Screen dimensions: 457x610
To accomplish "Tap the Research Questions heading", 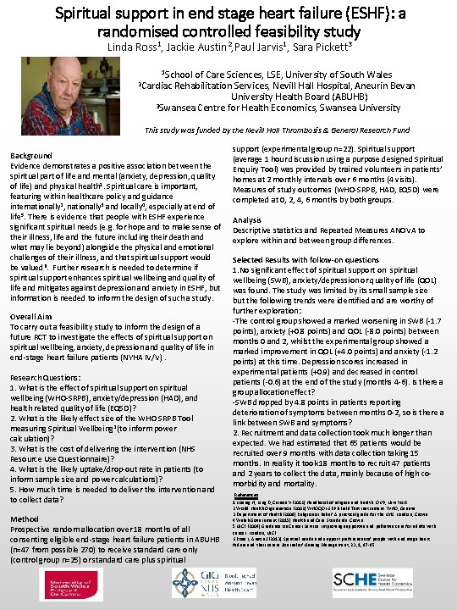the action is point(49,377).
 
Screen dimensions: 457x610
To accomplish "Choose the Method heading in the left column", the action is point(26,518).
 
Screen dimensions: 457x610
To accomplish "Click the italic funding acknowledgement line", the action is point(277,130).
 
